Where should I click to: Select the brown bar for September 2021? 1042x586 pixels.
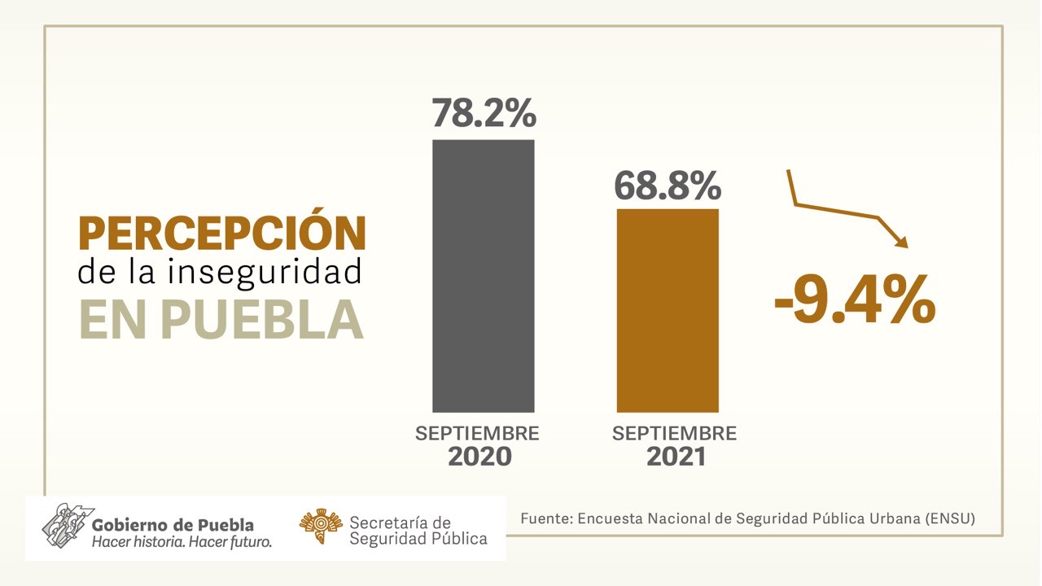pyautogui.click(x=668, y=310)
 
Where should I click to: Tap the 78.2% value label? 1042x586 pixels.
pyautogui.click(x=484, y=113)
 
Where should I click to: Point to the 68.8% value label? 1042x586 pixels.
pyautogui.click(x=668, y=185)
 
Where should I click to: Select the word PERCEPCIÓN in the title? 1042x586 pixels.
pyautogui.click(x=221, y=234)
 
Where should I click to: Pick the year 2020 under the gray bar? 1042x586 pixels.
pyautogui.click(x=479, y=457)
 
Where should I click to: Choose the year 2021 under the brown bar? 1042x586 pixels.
pyautogui.click(x=676, y=457)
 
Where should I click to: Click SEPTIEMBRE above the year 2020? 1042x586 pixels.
pyautogui.click(x=477, y=433)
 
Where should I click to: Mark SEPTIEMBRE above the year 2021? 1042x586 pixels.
pyautogui.click(x=674, y=433)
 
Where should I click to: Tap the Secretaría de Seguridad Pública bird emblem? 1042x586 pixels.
pyautogui.click(x=320, y=528)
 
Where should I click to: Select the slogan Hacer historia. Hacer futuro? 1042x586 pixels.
pyautogui.click(x=182, y=542)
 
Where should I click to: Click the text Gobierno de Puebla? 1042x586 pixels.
pyautogui.click(x=173, y=525)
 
